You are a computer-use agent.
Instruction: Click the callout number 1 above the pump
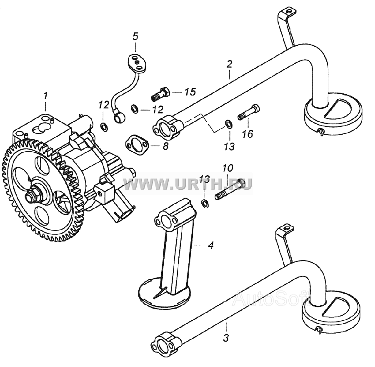[x=45, y=96]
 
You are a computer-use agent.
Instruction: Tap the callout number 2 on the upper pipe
[x=229, y=64]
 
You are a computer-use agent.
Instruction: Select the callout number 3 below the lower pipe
[x=226, y=338]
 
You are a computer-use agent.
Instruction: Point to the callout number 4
[x=210, y=245]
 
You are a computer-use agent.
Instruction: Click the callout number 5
[x=135, y=36]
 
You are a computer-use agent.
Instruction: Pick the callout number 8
[x=165, y=146]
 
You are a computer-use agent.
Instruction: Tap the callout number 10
[x=227, y=168]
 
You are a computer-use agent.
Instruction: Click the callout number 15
[x=190, y=92]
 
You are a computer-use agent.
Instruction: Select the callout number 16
[x=247, y=134]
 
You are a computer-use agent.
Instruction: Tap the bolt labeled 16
[x=249, y=111]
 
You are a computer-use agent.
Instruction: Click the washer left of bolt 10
[x=205, y=203]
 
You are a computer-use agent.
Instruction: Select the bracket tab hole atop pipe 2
[x=290, y=11]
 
